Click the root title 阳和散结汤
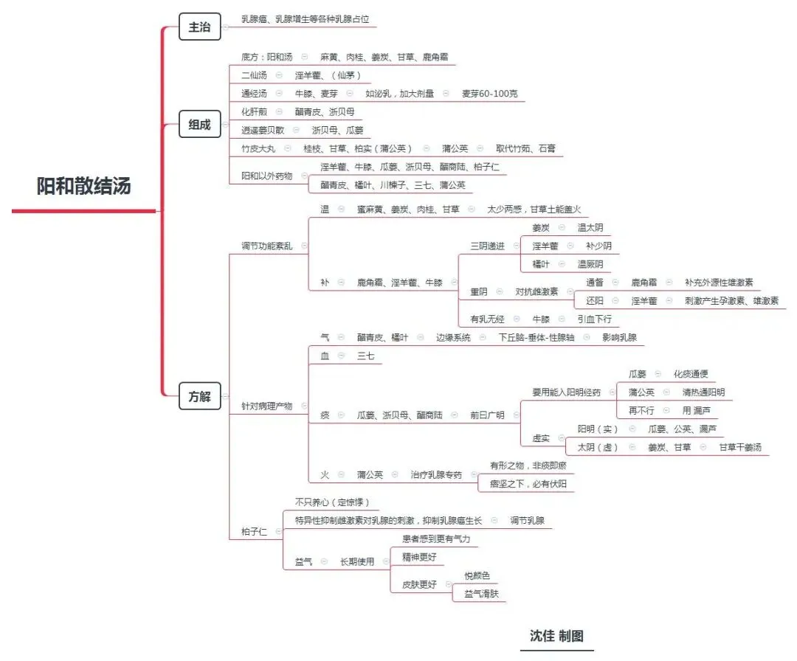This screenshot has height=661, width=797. coord(83,186)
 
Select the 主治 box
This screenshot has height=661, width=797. coord(199,27)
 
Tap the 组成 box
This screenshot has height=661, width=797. coord(199,125)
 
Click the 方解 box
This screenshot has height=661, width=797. coord(199,397)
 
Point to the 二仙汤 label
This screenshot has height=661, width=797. coord(256,75)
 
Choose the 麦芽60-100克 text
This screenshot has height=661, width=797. coord(490,94)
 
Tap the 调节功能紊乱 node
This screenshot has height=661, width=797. coord(266,246)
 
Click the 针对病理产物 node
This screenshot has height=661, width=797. coord(266,406)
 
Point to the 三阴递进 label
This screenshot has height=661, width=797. coord(488,246)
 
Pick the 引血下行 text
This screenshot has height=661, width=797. coord(595,319)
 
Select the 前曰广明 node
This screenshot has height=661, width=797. coord(487,415)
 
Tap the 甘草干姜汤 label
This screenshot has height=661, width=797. coord(740,447)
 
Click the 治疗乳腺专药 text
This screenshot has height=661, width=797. coord(436,474)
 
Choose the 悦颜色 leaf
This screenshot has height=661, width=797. coord(477,575)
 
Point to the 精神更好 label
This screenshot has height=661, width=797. coord(419,557)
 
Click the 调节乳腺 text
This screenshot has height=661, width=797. coord(527,521)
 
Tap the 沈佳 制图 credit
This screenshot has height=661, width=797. coord(556,636)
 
